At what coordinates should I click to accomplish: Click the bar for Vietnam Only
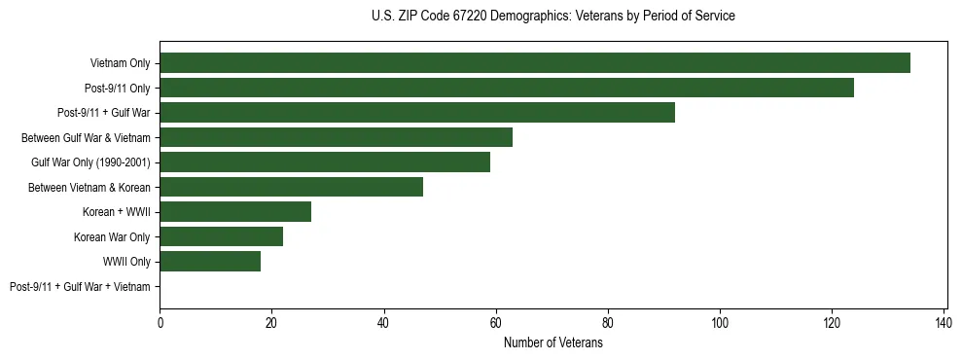coord(535,63)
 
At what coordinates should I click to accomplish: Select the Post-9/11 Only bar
coord(507,88)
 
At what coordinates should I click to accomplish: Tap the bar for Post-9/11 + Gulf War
coord(417,113)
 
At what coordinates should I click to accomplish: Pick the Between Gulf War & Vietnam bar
coord(336,137)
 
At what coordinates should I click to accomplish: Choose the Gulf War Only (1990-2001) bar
coord(325,162)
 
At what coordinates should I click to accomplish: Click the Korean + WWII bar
coord(235,212)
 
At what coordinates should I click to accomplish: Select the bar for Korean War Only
coord(221,236)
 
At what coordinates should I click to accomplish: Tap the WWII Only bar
coord(210,262)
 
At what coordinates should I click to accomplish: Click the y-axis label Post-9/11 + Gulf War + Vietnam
coord(80,287)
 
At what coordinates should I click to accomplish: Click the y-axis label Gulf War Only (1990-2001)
coord(90,162)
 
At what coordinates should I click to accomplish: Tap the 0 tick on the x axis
coord(160,322)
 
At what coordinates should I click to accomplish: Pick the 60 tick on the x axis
coord(496,322)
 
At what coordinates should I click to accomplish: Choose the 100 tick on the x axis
coord(720,322)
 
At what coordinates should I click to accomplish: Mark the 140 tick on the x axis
coord(944,322)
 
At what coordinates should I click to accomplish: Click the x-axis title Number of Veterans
coord(552,342)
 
